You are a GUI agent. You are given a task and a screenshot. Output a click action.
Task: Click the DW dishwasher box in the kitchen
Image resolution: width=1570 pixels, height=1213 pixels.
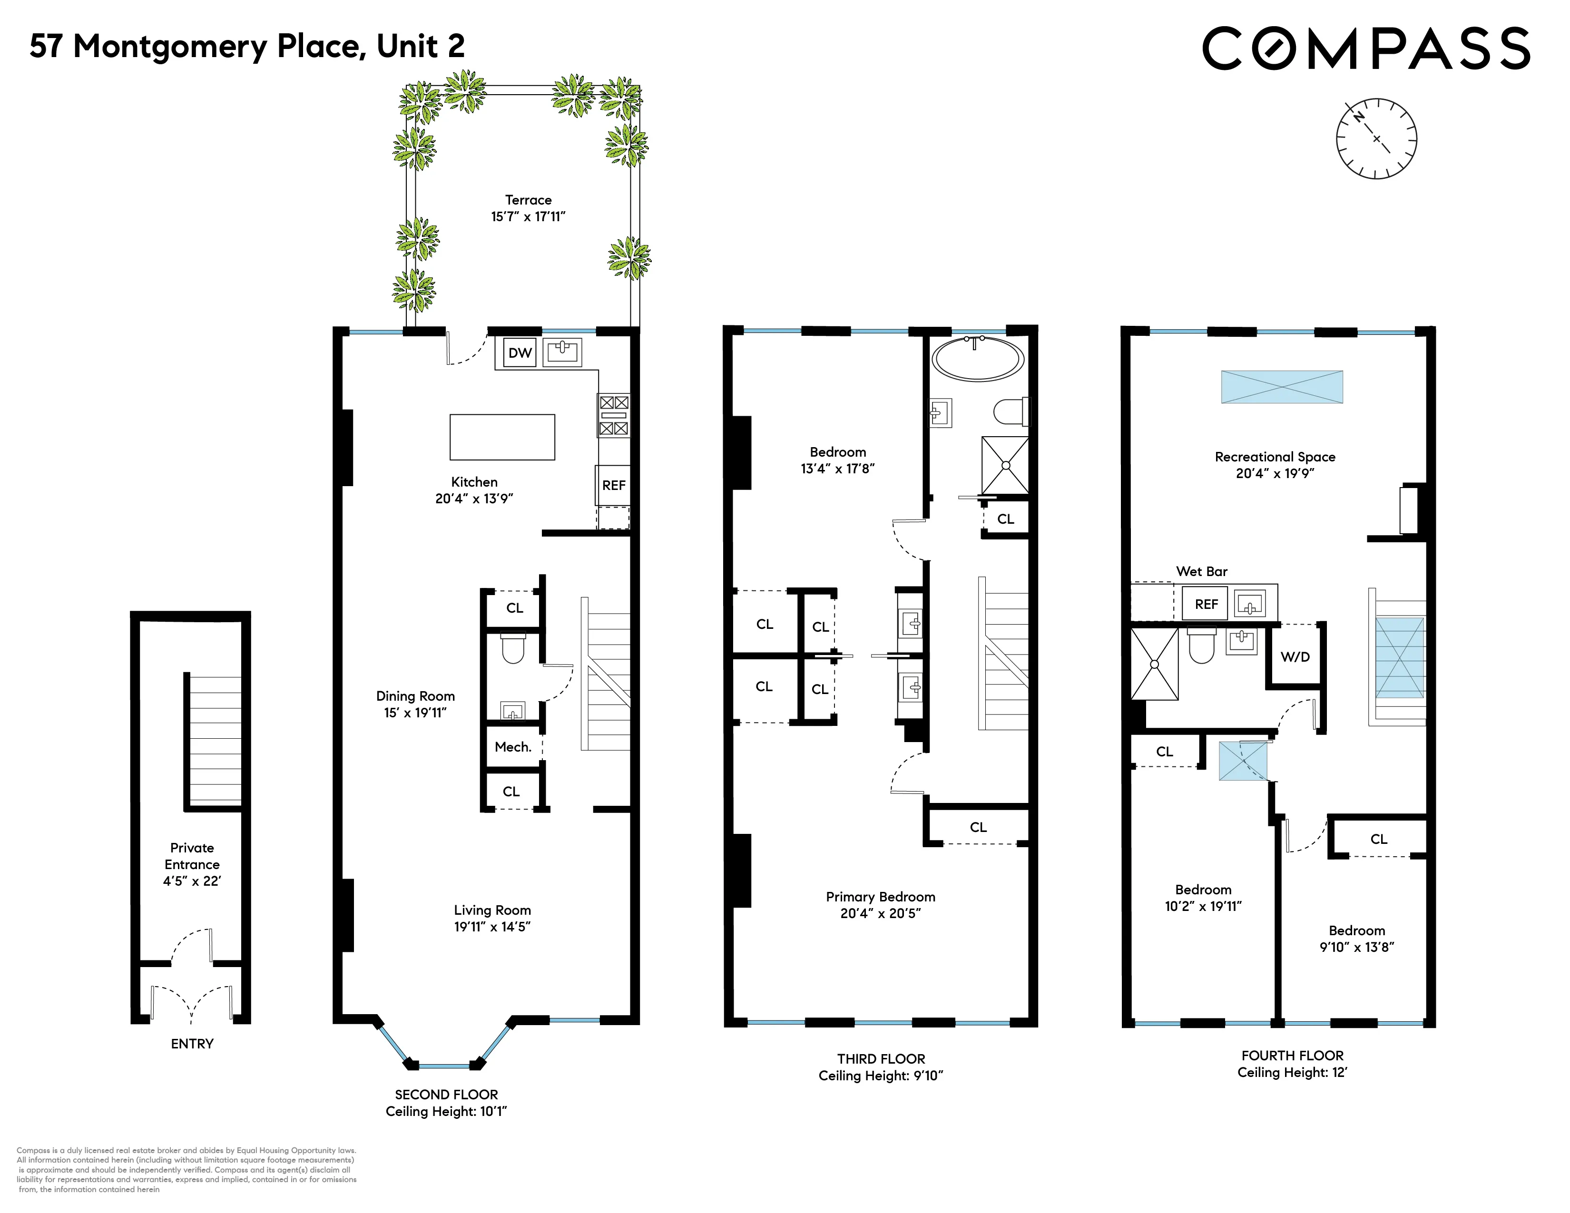[520, 352]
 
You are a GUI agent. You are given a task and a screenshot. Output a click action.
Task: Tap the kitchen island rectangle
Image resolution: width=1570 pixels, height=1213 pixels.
[502, 437]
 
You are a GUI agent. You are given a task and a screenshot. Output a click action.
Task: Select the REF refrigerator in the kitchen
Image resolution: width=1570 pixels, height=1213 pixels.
[613, 486]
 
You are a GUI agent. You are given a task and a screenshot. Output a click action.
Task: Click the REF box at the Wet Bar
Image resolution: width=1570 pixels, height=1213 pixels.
[1206, 604]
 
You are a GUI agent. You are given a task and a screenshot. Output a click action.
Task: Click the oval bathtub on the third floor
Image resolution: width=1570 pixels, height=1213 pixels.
[978, 359]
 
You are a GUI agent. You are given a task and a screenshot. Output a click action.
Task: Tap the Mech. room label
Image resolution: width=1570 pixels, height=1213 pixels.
[512, 747]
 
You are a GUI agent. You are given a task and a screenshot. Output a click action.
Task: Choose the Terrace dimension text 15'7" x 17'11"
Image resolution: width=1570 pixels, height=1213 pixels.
[529, 217]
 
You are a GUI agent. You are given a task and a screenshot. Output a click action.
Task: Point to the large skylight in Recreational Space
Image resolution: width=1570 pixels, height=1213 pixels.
[1282, 387]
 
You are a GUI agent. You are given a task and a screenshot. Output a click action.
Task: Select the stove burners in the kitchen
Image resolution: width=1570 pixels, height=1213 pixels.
[614, 415]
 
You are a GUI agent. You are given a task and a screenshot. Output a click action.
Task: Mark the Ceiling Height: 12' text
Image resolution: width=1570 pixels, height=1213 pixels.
[1292, 1073]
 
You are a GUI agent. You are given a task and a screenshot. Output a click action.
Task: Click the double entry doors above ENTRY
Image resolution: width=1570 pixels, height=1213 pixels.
[191, 1002]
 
